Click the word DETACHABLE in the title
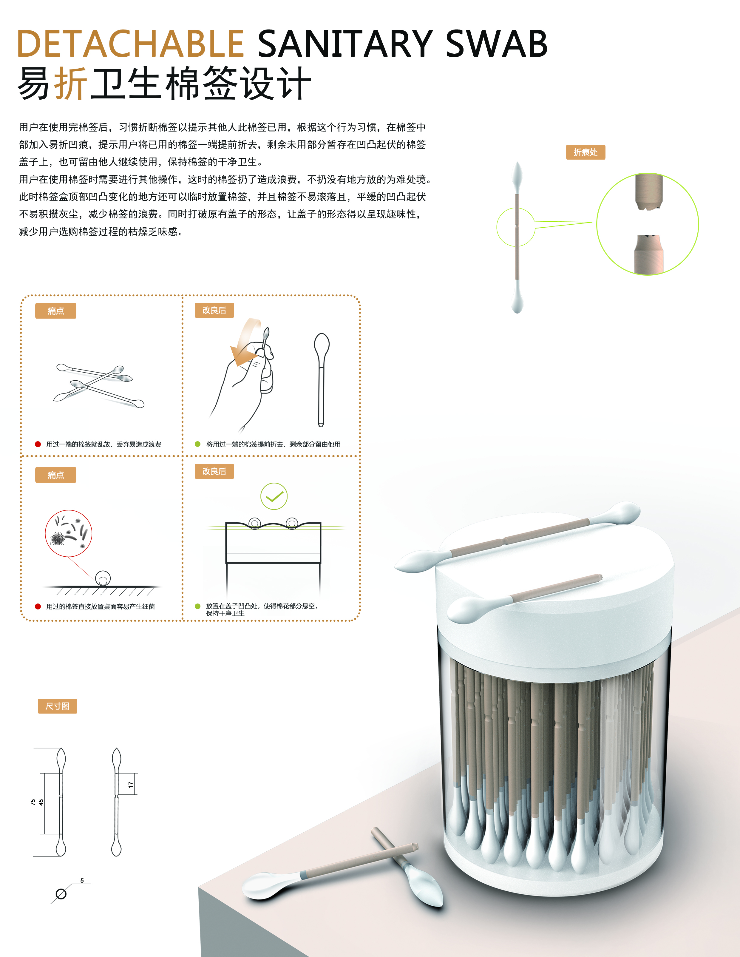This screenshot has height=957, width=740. click(130, 44)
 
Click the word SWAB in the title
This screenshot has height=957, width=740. click(496, 44)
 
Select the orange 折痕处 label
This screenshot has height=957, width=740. click(585, 152)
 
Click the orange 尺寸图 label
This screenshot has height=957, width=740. click(57, 706)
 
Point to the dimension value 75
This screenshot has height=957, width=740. click(33, 802)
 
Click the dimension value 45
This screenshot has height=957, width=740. click(41, 802)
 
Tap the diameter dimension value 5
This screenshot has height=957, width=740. click(82, 880)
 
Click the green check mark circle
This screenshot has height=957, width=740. click(274, 496)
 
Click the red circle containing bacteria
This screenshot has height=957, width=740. click(69, 533)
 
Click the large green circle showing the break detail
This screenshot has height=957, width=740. click(648, 224)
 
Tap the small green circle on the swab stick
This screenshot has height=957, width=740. click(516, 227)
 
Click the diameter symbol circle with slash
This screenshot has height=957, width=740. click(61, 894)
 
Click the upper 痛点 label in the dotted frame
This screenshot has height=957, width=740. click(56, 311)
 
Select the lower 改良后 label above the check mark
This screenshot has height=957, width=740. click(214, 471)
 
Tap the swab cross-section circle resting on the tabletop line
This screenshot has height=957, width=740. click(103, 578)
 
